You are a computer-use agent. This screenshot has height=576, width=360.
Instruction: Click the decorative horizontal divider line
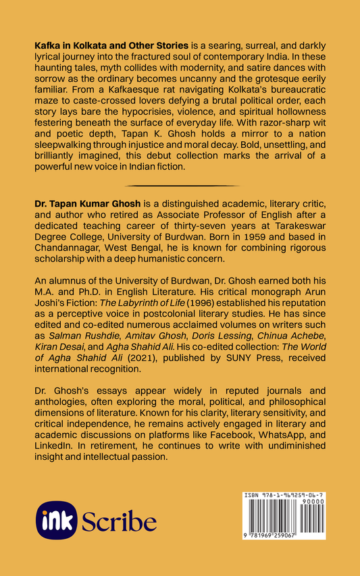180,185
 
